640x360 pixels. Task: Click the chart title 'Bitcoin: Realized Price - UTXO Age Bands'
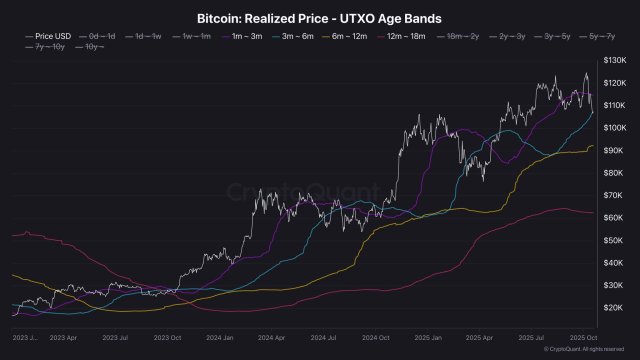click(x=319, y=19)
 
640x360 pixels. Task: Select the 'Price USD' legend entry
click(x=46, y=37)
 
